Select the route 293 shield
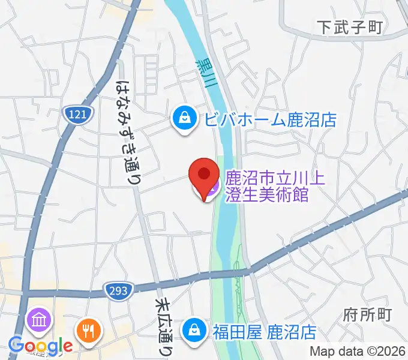118,291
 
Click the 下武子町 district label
350,26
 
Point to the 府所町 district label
368,314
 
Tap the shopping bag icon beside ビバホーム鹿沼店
182,118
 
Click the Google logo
40,346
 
